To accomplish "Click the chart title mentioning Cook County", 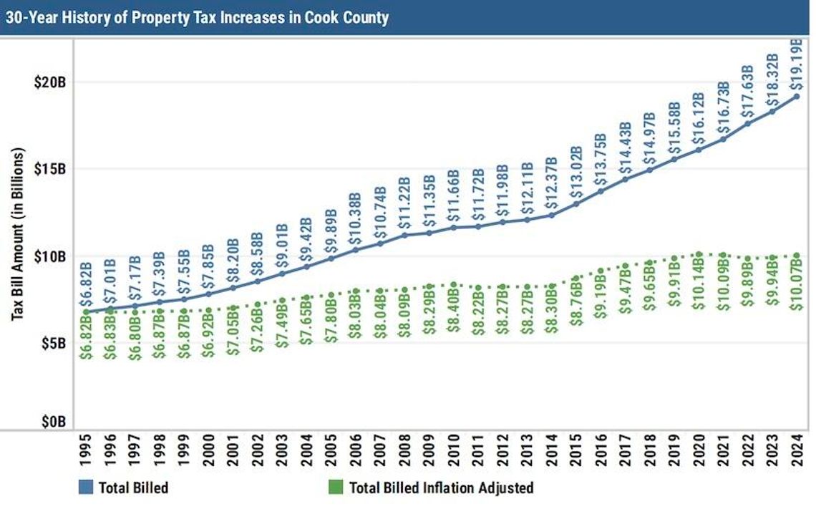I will click(x=197, y=17).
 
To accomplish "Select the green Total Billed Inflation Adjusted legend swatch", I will click(x=335, y=488).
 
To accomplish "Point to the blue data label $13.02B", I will click(x=576, y=171).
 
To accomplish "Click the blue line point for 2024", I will click(x=797, y=96).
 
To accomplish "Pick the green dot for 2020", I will click(x=699, y=253).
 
